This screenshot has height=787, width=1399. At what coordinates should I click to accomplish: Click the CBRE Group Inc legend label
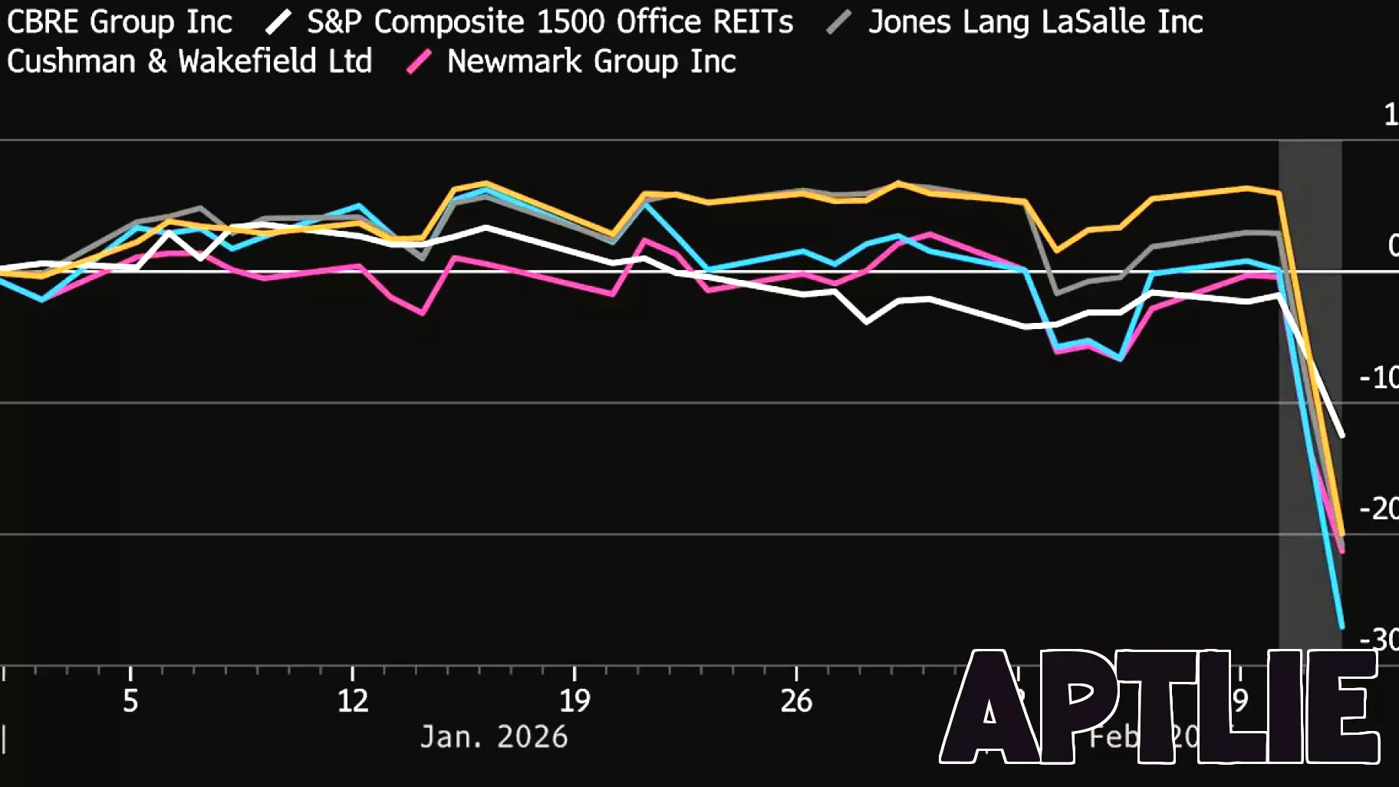coord(119,21)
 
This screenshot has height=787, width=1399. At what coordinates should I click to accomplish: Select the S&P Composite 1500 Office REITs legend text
coord(549,21)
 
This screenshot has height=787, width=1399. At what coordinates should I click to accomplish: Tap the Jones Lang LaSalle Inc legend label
coord(1035,21)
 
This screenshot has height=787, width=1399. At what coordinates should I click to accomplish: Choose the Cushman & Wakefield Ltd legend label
coord(189,61)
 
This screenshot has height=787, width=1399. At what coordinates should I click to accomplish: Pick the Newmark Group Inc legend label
coord(591,61)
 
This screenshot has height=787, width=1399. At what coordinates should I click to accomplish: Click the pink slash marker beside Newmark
coord(419,61)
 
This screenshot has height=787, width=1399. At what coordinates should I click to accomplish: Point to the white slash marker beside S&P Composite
coord(278,21)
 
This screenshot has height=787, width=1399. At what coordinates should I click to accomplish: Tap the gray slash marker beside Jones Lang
coord(839,21)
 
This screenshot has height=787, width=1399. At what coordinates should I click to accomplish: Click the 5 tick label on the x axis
coord(130,700)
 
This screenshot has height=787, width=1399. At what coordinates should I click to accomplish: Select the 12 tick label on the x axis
coord(353,700)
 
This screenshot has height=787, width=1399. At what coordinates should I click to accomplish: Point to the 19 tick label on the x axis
coord(574,700)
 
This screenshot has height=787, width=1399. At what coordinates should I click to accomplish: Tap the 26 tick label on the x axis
coord(796,700)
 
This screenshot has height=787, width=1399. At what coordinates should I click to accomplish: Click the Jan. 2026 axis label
coord(494,737)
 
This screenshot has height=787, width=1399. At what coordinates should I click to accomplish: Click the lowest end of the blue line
coord(1341,627)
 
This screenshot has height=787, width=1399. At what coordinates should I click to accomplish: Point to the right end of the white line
coord(1341,435)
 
